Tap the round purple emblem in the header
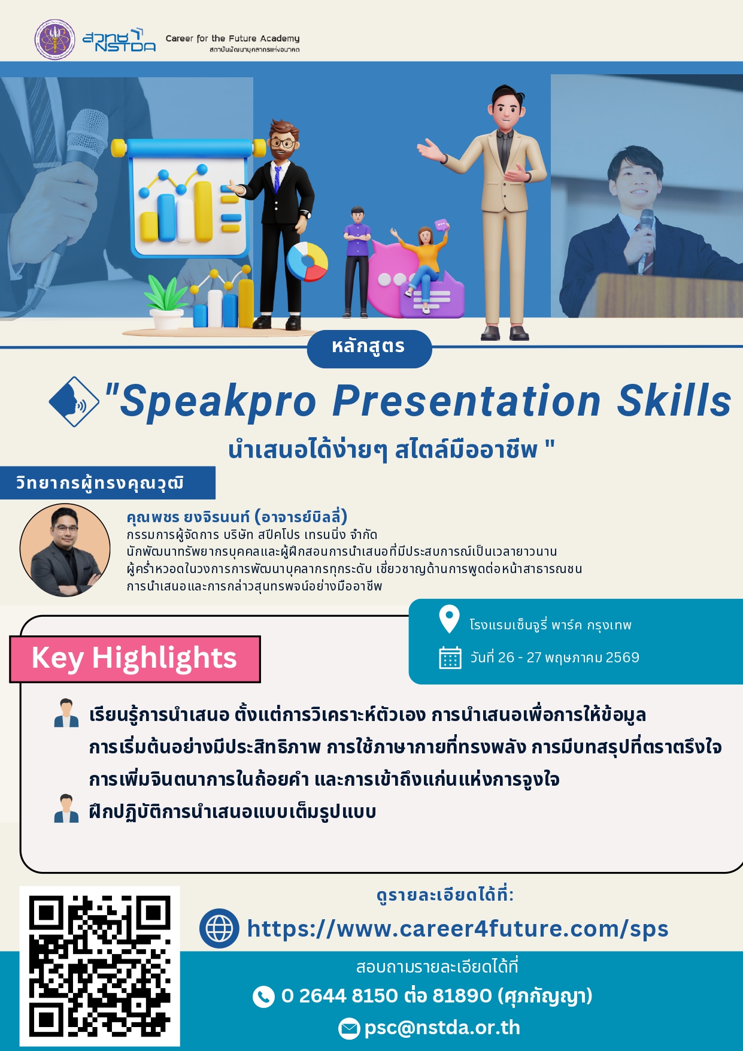[55, 40]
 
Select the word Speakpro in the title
[218, 401]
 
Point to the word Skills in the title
[675, 400]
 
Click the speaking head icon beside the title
[74, 401]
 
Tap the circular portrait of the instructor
[65, 550]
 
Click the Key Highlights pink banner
[135, 659]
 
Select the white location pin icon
[449, 619]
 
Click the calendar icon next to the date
[450, 658]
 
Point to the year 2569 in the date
[623, 658]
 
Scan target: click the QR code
[100, 966]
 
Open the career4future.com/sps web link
[457, 929]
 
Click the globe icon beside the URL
[219, 929]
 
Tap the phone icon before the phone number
[263, 997]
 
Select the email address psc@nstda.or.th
[442, 1028]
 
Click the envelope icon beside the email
[349, 1028]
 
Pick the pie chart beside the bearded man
[307, 262]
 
